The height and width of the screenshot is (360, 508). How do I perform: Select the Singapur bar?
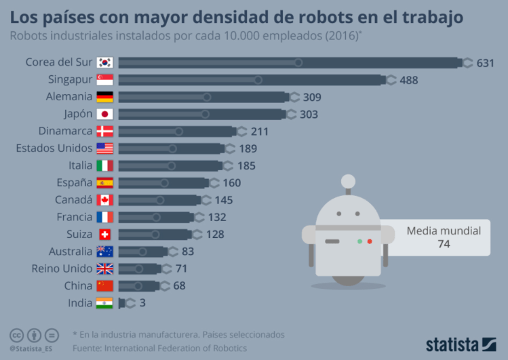click(251, 80)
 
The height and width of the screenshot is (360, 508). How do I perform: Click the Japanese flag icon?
click(104, 115)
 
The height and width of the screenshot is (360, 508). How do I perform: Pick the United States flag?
click(104, 148)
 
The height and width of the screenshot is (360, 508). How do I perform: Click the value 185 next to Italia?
click(248, 165)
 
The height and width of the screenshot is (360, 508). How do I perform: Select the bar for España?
click(163, 182)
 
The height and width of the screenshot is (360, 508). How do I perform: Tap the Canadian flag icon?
click(104, 200)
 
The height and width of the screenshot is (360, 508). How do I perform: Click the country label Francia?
click(75, 217)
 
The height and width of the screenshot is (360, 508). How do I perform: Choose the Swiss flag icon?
click(104, 234)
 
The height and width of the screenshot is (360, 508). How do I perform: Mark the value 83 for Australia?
click(188, 252)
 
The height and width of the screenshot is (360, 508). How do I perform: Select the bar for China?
click(138, 285)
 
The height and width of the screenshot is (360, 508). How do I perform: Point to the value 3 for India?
click(142, 303)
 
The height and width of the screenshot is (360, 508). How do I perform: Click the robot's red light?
click(370, 241)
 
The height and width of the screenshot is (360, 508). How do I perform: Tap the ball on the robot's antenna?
click(348, 180)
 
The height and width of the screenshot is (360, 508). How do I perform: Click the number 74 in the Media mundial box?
click(444, 244)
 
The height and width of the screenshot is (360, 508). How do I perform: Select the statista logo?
click(461, 344)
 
